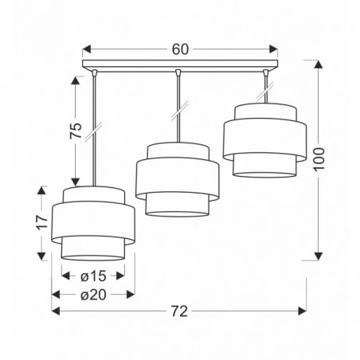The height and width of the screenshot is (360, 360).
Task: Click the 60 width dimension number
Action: [x=180, y=49]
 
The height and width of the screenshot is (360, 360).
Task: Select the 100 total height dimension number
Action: [x=319, y=161]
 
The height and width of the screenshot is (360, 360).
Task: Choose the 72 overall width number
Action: [x=180, y=311]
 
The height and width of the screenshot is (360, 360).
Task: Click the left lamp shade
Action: [x=90, y=224]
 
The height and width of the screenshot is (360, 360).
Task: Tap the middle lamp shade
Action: [x=177, y=179]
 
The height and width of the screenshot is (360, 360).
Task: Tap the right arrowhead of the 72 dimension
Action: [x=303, y=311]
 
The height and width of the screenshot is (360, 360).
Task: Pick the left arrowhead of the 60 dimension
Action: [x=87, y=49]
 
